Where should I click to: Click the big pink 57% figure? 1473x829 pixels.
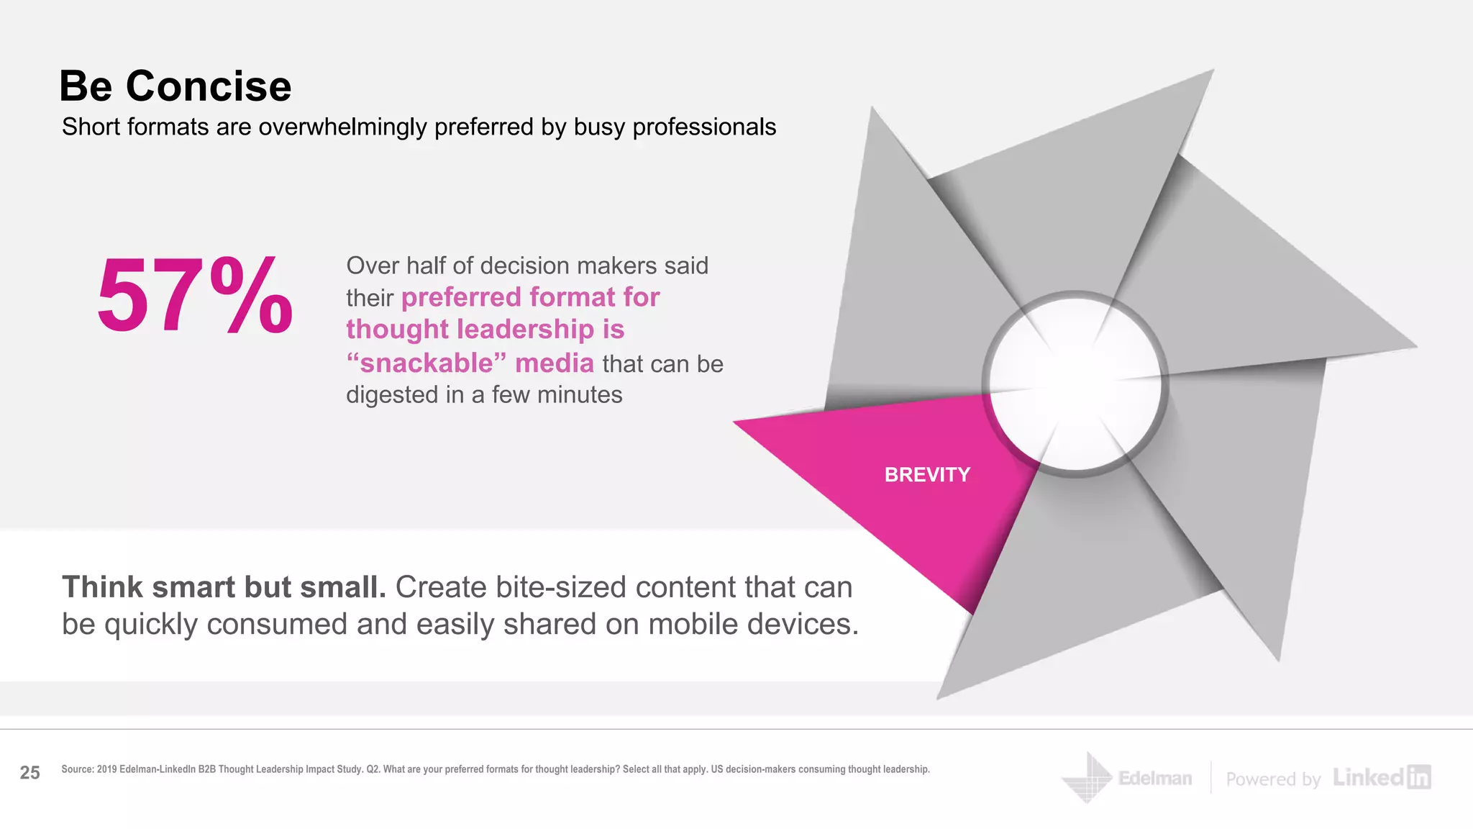click(x=194, y=296)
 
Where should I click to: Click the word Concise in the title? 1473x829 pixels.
click(x=209, y=86)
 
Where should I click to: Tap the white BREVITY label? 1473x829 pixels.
click(x=927, y=475)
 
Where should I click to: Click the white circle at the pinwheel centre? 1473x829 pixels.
click(x=1075, y=384)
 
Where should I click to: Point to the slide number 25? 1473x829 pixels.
click(x=29, y=773)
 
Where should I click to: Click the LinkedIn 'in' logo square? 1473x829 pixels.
click(x=1418, y=777)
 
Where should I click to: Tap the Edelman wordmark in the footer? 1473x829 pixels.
click(x=1155, y=779)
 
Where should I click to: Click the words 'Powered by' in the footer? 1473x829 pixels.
click(x=1273, y=779)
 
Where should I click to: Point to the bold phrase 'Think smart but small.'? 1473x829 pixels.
click(x=224, y=587)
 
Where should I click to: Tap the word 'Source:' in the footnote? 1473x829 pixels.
click(x=78, y=769)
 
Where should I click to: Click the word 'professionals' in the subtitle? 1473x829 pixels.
click(x=704, y=127)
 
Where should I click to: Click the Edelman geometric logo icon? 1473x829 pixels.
click(x=1087, y=778)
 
